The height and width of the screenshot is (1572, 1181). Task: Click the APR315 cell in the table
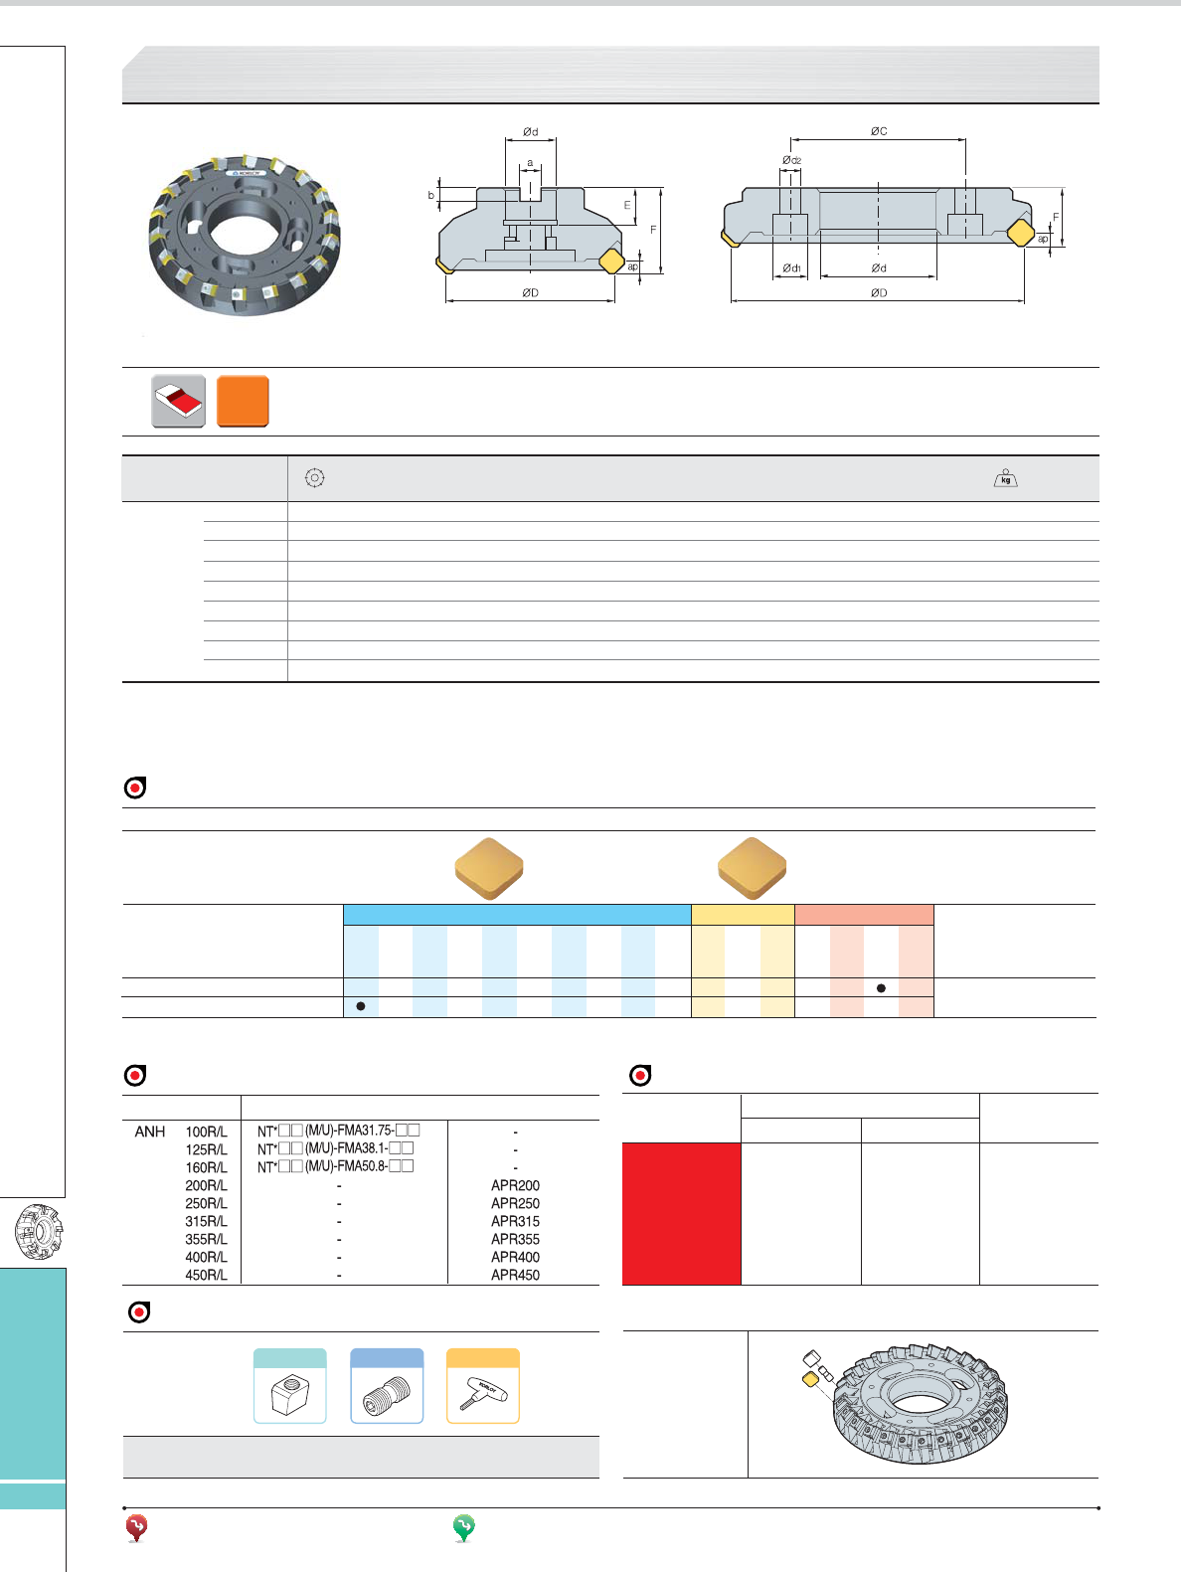[x=515, y=1221]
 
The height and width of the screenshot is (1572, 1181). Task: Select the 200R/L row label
[x=206, y=1185]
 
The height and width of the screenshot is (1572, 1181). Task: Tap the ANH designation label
[x=149, y=1132]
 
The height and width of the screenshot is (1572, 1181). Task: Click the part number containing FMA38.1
[x=335, y=1148]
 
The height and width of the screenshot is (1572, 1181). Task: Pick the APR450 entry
[x=515, y=1275]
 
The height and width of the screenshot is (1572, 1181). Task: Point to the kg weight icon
[x=1006, y=478]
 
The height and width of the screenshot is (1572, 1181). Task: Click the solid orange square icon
[x=243, y=401]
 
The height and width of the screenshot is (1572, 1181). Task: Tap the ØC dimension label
[x=878, y=131]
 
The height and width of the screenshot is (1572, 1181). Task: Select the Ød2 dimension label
[x=791, y=160]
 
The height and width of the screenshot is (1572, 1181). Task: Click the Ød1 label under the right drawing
[x=791, y=267]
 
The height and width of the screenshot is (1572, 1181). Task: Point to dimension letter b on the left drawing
[x=430, y=195]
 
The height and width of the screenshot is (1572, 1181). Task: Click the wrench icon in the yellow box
[x=483, y=1394]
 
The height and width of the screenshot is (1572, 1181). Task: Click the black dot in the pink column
[x=881, y=988]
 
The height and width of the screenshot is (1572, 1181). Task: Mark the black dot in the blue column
[x=361, y=1006]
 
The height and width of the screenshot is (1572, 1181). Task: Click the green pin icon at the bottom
[x=464, y=1527]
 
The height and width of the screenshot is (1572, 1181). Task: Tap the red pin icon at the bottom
[x=137, y=1527]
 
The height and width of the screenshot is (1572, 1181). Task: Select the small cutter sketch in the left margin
[x=39, y=1233]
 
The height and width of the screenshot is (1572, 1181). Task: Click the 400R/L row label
[x=206, y=1257]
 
